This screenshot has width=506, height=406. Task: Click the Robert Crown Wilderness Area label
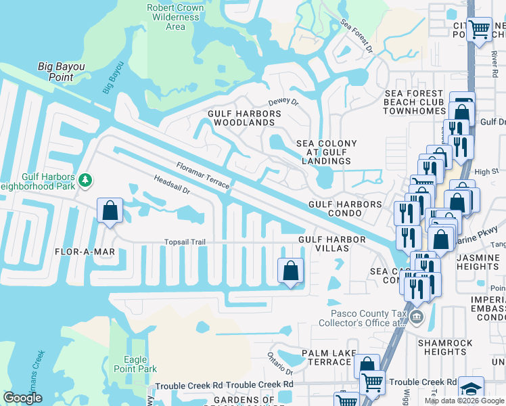(175, 17)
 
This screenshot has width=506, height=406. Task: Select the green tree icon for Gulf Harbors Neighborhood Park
(85, 180)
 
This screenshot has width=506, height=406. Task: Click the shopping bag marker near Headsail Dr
(110, 210)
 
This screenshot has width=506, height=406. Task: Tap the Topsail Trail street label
(185, 242)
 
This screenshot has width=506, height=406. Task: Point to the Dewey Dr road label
(283, 101)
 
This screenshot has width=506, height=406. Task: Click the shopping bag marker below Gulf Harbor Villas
(290, 271)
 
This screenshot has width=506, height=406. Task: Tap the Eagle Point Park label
(140, 364)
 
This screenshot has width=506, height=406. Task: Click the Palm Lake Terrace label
(326, 357)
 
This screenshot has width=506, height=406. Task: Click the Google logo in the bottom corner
(22, 398)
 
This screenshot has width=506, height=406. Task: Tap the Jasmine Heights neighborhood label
(478, 262)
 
